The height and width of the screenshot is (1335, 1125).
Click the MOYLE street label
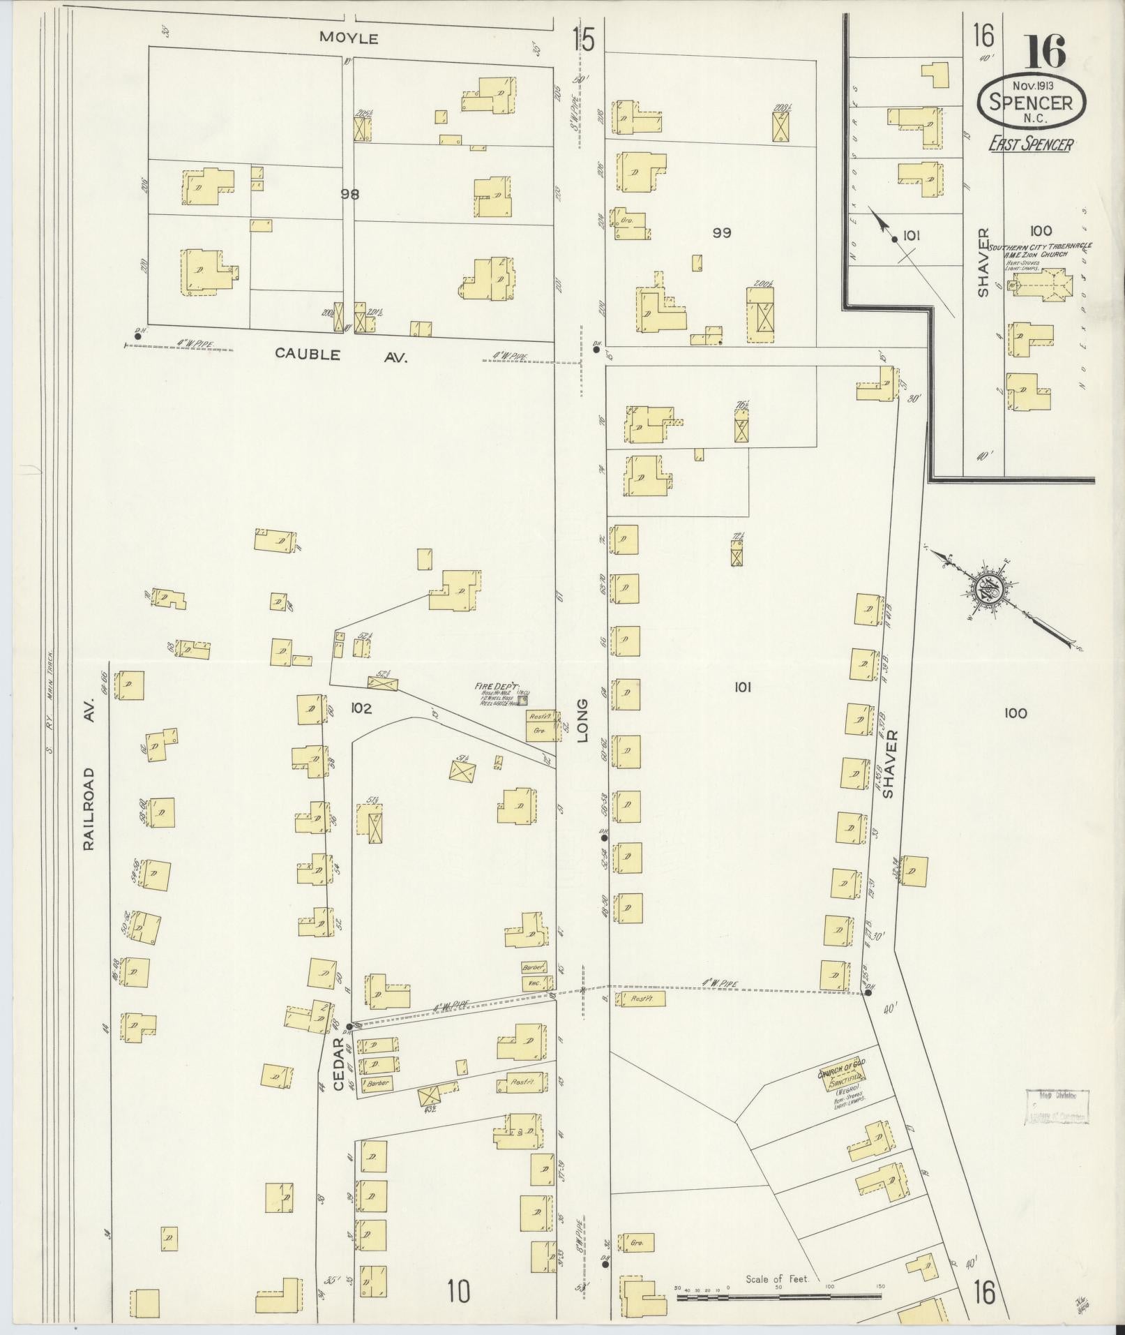click(349, 38)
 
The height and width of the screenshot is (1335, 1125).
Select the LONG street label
click(583, 720)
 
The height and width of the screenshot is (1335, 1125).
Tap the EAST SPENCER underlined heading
click(1030, 144)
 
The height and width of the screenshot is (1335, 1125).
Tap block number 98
click(349, 195)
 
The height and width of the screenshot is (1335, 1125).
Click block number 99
click(721, 232)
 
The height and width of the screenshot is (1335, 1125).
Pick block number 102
click(361, 708)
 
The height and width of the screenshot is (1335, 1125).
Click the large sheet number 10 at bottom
click(458, 1291)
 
